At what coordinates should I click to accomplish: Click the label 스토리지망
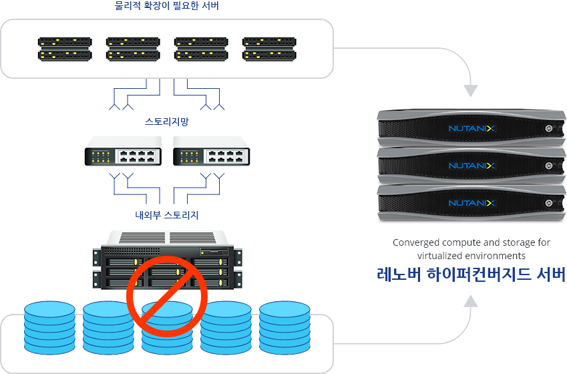pos(167,122)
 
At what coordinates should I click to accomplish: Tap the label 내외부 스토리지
pos(167,215)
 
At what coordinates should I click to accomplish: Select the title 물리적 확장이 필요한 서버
pos(167,6)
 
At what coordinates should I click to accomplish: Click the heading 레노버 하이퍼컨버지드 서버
pos(471,274)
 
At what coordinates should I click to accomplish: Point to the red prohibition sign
pos(167,297)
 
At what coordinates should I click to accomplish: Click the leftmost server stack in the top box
pos(65,49)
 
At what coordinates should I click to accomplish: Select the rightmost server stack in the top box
pos(269,49)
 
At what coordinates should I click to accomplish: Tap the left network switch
pos(123,151)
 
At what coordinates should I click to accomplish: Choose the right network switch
pos(212,151)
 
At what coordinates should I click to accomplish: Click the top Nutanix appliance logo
pos(472,128)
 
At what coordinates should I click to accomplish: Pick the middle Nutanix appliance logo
pos(472,166)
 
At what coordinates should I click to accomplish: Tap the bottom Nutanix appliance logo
pos(472,203)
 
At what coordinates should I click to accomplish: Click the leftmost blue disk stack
pos(49,328)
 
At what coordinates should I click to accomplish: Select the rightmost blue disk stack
pos(285,328)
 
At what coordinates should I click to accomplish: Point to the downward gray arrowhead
pos(471,91)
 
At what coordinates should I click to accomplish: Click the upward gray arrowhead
pos(471,301)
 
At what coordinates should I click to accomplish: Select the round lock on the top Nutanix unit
pos(549,128)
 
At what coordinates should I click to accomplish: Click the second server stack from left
pos(133,49)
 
